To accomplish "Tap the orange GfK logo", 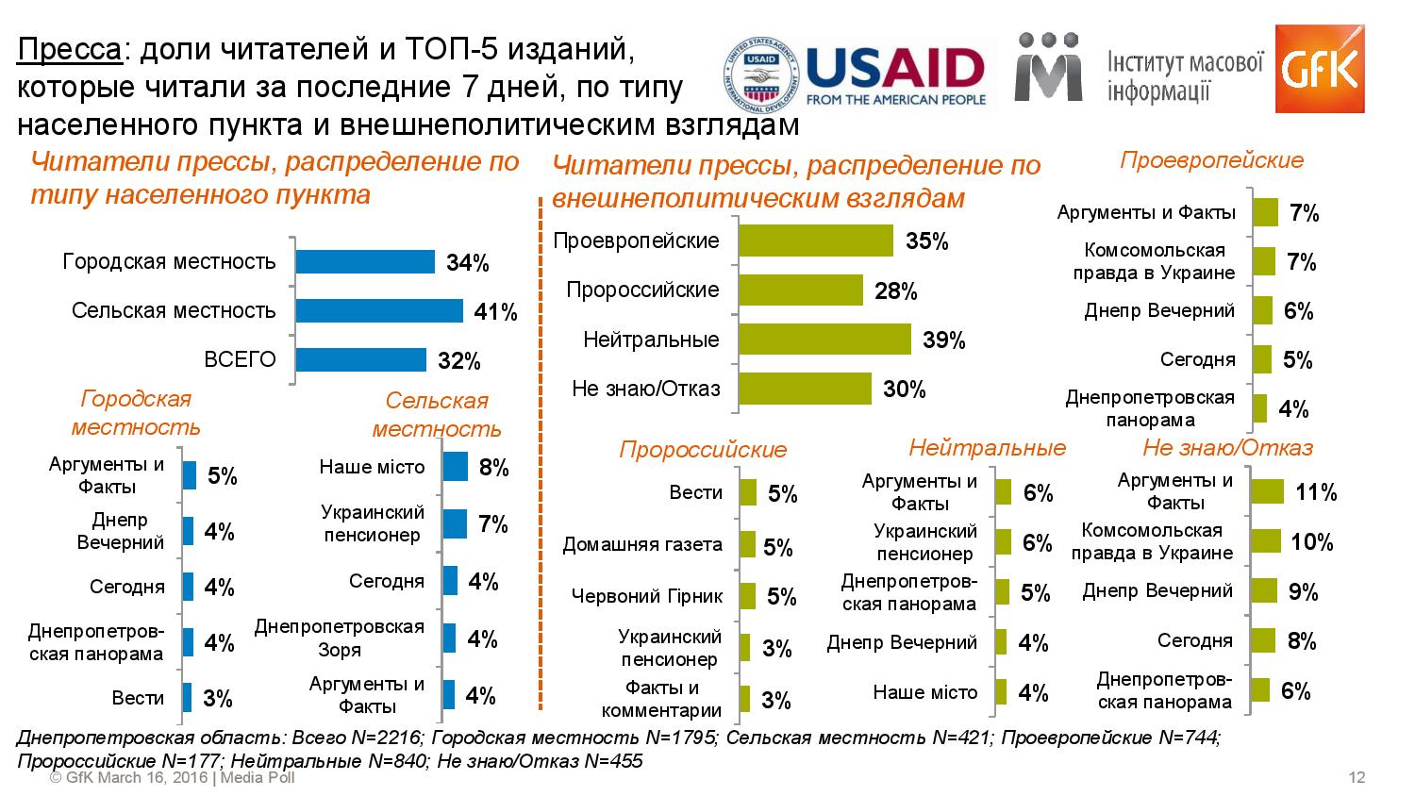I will [x=1319, y=68].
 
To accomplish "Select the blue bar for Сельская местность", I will [x=379, y=311].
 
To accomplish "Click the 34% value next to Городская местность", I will [x=468, y=263].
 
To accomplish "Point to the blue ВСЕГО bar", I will [x=360, y=360].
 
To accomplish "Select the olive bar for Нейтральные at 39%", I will [x=824, y=340].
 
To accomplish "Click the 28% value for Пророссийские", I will [x=896, y=291].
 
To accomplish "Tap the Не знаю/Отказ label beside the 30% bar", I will [x=645, y=389].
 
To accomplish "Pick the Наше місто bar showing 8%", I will [x=455, y=467].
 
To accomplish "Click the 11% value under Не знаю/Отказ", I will [x=1316, y=492].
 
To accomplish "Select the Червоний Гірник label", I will [x=647, y=596].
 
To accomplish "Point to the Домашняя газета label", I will [x=642, y=544].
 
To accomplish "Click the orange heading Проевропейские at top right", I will [x=1211, y=160].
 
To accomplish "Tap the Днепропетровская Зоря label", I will [x=340, y=638].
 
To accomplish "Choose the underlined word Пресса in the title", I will [x=70, y=49].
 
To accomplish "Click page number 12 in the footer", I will [x=1357, y=778].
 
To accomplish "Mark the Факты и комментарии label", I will [x=661, y=699].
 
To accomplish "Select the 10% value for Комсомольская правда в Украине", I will [x=1312, y=542].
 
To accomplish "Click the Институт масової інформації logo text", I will [x=1186, y=76].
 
